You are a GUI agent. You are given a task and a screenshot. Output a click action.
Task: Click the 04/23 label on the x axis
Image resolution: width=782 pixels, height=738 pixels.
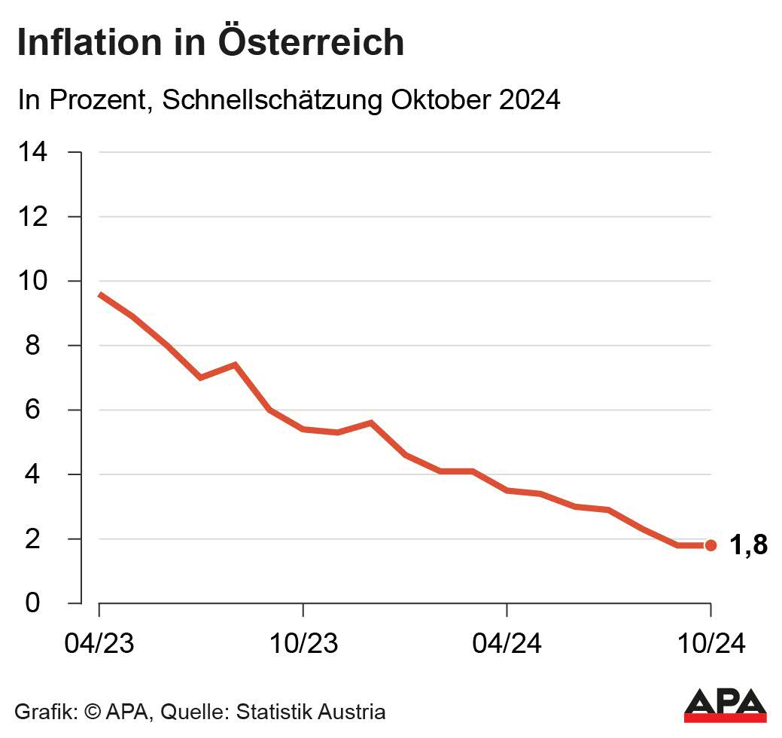(x=99, y=645)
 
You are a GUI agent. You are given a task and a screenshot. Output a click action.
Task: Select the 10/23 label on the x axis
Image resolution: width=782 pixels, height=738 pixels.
(x=303, y=645)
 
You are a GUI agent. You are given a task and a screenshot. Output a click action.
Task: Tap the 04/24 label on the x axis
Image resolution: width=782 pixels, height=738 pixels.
(x=507, y=645)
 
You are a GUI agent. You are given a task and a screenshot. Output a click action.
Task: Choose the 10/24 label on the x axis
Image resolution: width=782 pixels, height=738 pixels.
(x=710, y=645)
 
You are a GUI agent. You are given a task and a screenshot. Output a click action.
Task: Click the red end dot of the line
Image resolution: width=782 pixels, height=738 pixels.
(x=710, y=545)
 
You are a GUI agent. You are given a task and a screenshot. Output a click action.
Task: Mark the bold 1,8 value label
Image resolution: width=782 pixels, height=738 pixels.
(x=748, y=545)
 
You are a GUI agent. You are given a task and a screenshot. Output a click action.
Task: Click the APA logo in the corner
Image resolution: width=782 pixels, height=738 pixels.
(x=725, y=705)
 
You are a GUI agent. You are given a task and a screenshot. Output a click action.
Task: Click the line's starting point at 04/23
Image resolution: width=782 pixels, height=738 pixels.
(x=100, y=294)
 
